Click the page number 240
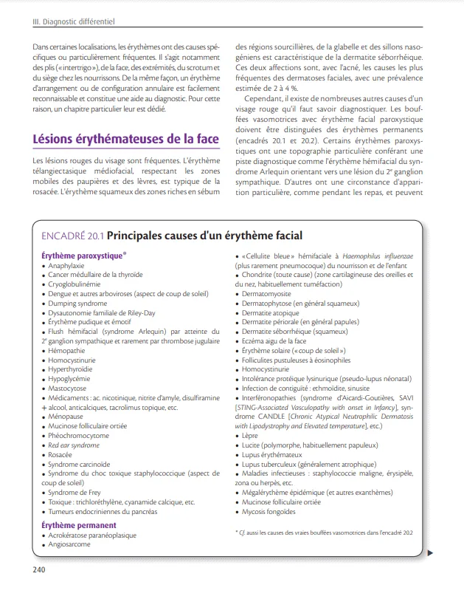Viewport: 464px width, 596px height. [x=39, y=569]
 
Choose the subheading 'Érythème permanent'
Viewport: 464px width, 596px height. [x=78, y=525]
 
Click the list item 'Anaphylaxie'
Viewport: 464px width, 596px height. [x=66, y=264]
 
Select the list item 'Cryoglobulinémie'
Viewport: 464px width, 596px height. [x=75, y=284]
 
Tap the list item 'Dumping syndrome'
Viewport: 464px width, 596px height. [x=77, y=303]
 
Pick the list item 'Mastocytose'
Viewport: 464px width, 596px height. [x=68, y=388]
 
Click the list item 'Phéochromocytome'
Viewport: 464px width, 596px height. [x=78, y=436]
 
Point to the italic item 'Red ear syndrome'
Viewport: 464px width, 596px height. [x=74, y=445]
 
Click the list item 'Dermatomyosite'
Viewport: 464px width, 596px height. [x=271, y=293]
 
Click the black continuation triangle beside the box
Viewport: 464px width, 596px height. [x=431, y=552]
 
